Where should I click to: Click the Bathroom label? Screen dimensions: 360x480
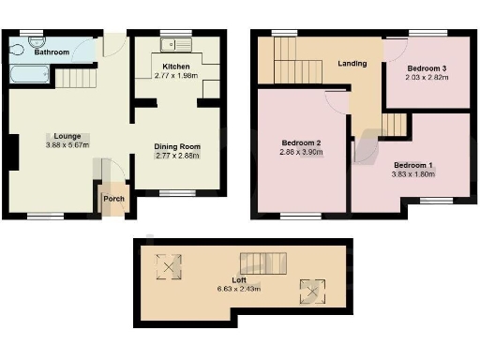pyautogui.click(x=52, y=53)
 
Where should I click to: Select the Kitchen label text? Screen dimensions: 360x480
pyautogui.click(x=176, y=67)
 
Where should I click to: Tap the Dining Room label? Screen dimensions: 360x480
pyautogui.click(x=177, y=146)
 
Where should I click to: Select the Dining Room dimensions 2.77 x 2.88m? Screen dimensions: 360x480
pyautogui.click(x=177, y=156)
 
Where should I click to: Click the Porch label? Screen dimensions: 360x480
pyautogui.click(x=113, y=198)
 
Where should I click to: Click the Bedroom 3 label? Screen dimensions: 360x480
pyautogui.click(x=427, y=68)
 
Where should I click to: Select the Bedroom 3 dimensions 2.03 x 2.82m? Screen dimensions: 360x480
pyautogui.click(x=427, y=78)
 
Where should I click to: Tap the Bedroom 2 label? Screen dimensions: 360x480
pyautogui.click(x=302, y=142)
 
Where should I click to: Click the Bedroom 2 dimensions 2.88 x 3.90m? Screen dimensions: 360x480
pyautogui.click(x=302, y=152)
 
